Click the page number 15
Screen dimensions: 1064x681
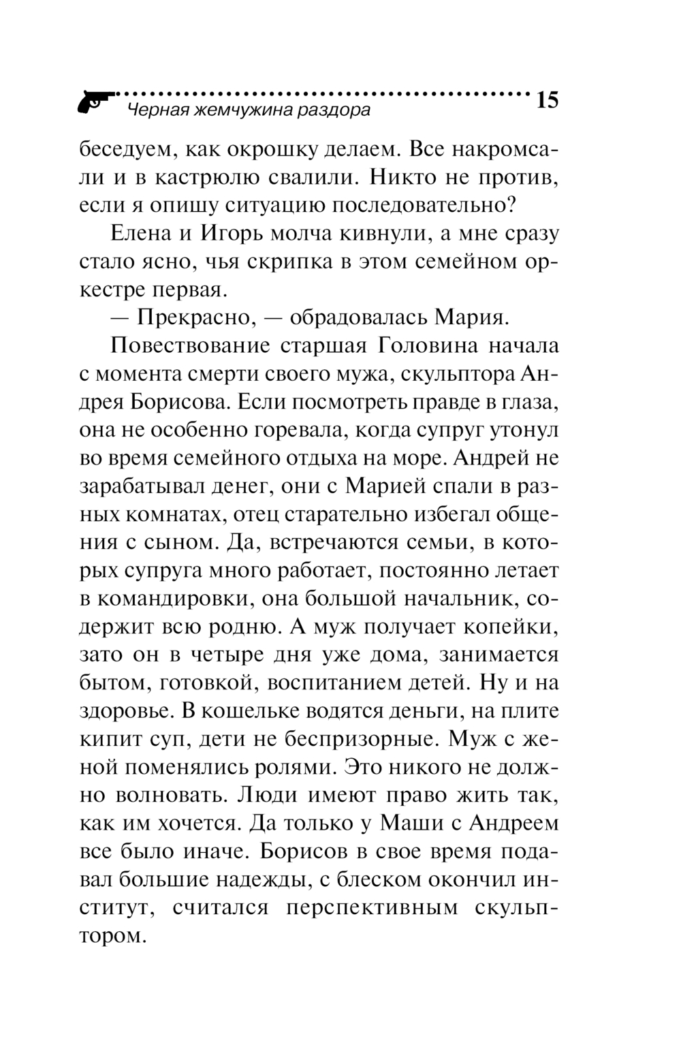pos(548,100)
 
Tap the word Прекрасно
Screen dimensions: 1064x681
pos(197,317)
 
